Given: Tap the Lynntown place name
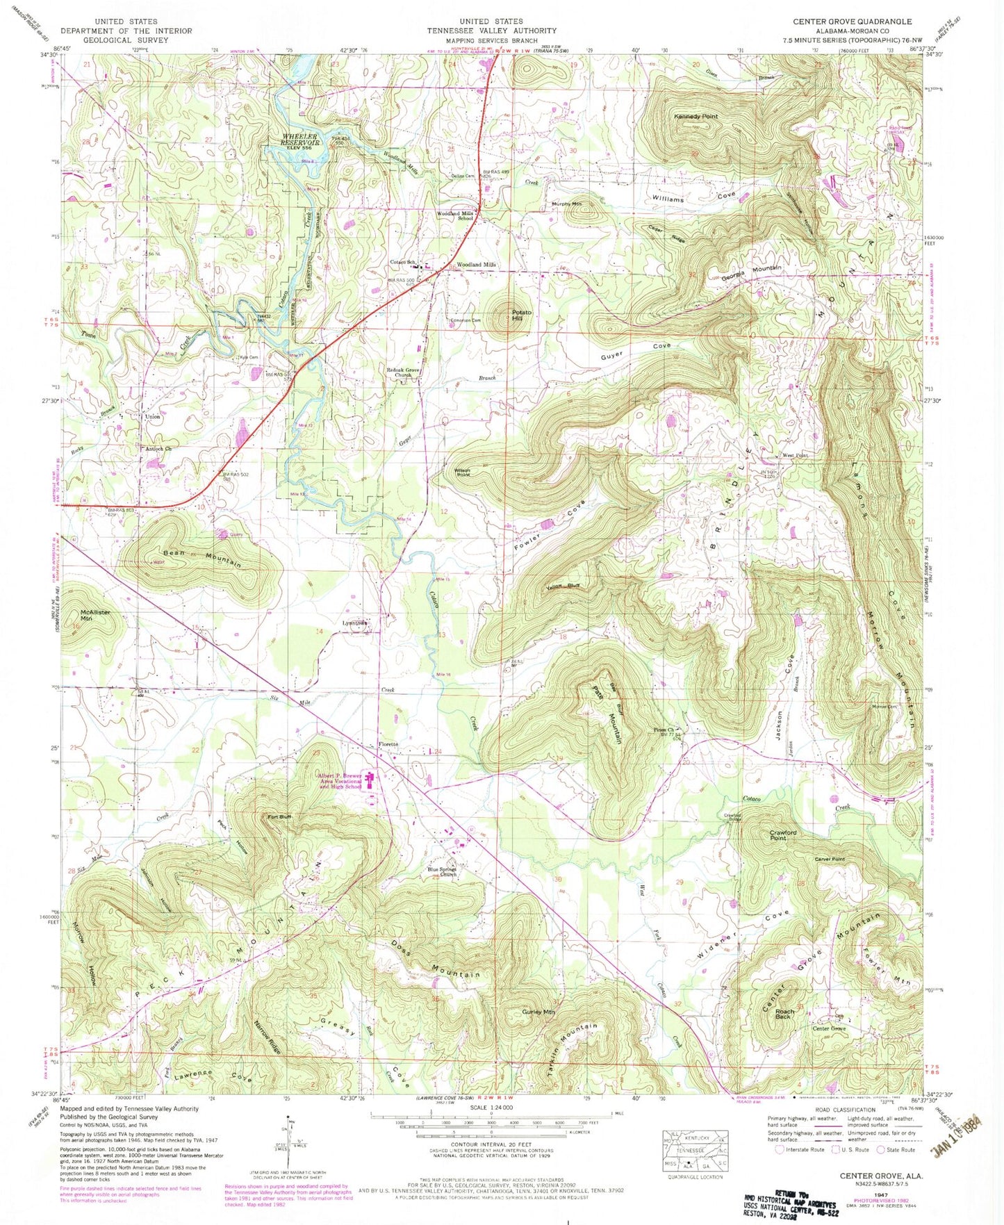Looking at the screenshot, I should click(355, 623).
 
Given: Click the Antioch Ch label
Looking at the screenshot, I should click(158, 448).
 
